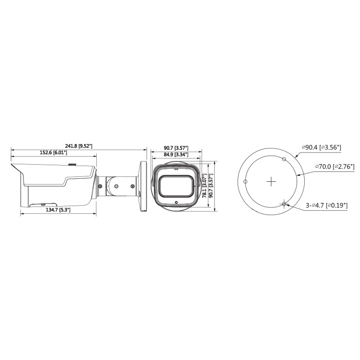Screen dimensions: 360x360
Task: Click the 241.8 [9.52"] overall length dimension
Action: pos(78,146)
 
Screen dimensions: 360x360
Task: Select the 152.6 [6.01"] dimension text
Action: pos(53,153)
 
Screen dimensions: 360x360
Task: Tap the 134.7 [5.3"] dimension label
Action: pos(58,210)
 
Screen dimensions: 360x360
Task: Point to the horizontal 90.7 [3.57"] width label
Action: pos(175,148)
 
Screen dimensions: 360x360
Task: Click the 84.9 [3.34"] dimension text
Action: pos(175,155)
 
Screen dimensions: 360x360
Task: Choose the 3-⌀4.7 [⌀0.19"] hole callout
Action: pos(327,205)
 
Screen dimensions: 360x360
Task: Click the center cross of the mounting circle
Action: pos(271,182)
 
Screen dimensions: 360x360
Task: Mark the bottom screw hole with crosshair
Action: pos(284,204)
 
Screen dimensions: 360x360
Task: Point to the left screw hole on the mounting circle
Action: pos(245,182)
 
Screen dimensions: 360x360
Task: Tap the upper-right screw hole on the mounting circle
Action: pos(284,159)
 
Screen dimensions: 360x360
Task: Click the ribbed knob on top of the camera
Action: pos(72,165)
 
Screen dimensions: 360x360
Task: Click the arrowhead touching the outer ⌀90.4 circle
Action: pos(296,155)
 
